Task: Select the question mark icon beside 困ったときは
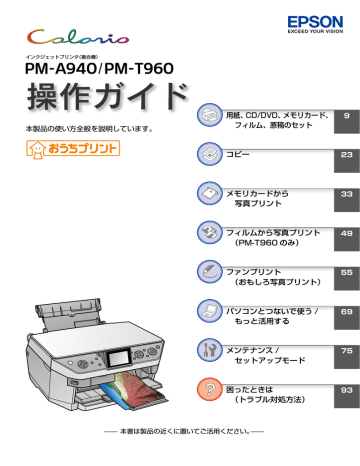click(x=211, y=391)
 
